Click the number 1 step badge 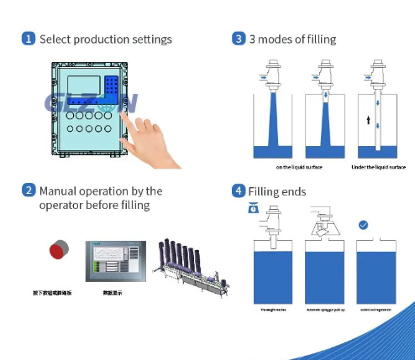coord(28,39)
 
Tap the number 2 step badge coord(28,190)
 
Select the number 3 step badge coord(239,39)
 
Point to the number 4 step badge coord(239,190)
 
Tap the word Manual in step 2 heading coord(60,190)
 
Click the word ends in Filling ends coord(292,191)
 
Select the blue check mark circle coord(363,225)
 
